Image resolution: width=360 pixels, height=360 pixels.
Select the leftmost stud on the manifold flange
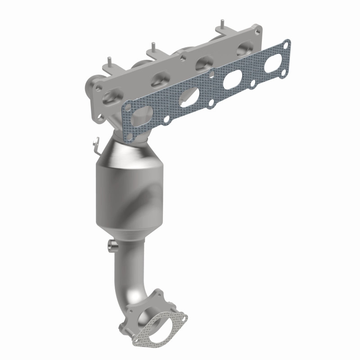tap(108, 62)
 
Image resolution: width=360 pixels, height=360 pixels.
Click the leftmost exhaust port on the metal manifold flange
tap(111, 96)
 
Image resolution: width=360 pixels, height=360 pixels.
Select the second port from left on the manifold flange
tap(158, 80)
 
